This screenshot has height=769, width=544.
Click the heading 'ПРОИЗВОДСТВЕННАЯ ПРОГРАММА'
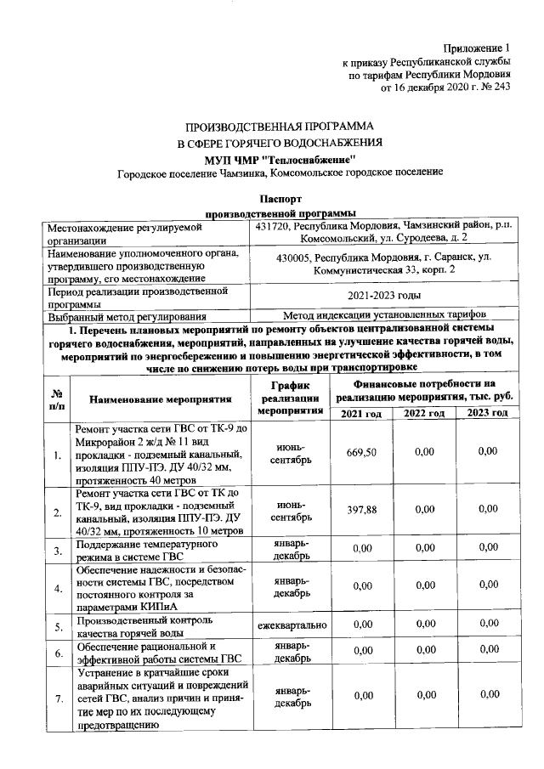tap(280, 125)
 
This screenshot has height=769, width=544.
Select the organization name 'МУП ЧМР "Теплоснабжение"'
tap(280, 158)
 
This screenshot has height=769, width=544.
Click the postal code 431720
tap(275, 227)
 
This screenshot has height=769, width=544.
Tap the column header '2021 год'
tap(361, 413)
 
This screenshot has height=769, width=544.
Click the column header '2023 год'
tap(487, 413)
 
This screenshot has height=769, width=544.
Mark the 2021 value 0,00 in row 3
tap(361, 550)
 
